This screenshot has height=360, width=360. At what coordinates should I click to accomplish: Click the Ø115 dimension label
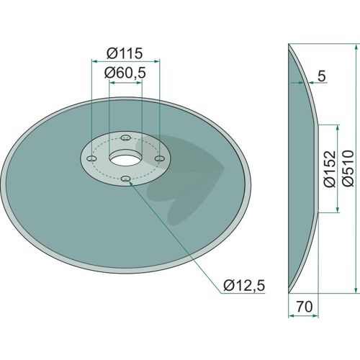[125, 53]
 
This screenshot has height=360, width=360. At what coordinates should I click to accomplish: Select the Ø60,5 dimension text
[125, 73]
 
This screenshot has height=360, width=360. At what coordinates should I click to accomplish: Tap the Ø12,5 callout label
[244, 286]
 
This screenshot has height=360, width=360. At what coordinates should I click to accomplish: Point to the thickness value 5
[321, 76]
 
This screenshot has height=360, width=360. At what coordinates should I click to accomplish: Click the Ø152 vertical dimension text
[329, 168]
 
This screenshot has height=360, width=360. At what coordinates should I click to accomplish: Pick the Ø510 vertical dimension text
[348, 168]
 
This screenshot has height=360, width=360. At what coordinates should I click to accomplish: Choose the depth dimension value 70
[305, 307]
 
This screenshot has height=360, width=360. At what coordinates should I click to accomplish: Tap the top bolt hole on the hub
[125, 138]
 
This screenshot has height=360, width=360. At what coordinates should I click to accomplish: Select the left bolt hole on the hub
[92, 158]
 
